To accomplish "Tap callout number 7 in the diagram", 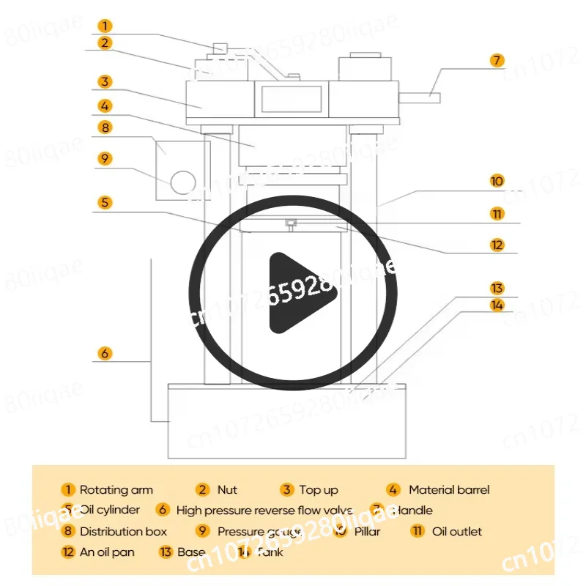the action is point(497,60).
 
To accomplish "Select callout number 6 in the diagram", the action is point(105,353).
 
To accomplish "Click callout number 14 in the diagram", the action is point(497,305).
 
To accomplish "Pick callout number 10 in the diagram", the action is point(497,181).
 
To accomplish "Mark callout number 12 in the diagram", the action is point(497,245).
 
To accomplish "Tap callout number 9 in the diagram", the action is point(105,157).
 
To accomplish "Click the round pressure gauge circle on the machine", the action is point(183,181).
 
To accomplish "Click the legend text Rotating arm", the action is point(116,490).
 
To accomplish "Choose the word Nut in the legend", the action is point(227,490).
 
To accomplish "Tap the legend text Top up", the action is point(319,490).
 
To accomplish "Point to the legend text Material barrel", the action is point(448,490).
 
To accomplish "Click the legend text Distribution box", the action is point(123,532).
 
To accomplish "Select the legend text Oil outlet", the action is point(457,532).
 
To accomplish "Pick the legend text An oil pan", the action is point(107,552).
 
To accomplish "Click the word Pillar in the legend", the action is point(367,532).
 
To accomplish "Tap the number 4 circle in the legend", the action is point(394,490).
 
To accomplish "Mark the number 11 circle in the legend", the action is point(418,532).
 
